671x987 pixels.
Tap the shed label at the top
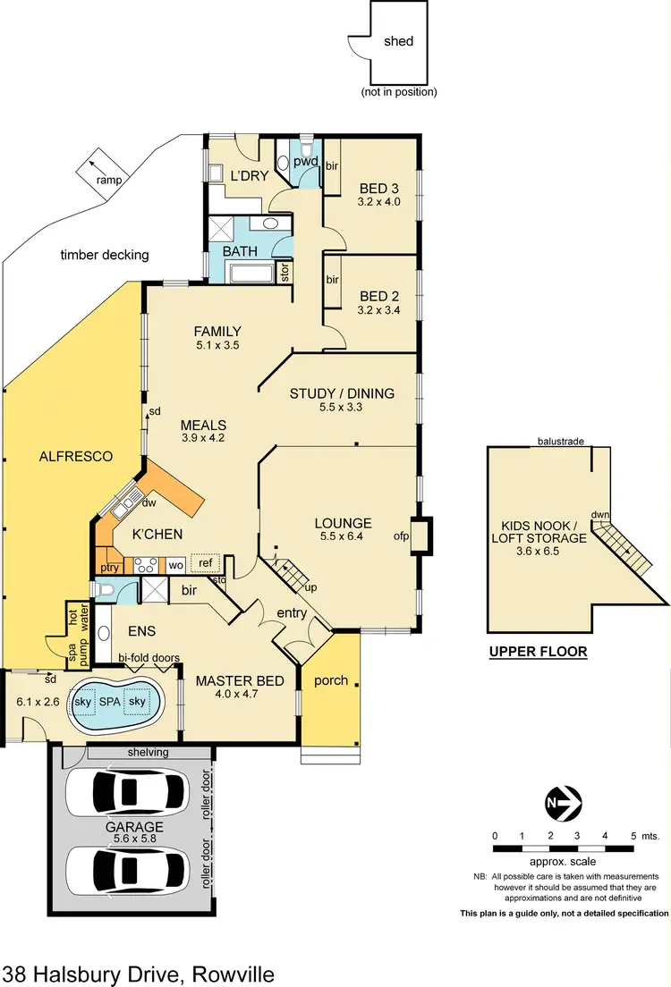click(399, 41)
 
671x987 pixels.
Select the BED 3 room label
click(380, 189)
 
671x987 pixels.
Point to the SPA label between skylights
click(112, 703)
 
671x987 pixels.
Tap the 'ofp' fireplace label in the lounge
click(400, 537)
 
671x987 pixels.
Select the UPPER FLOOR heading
click(538, 652)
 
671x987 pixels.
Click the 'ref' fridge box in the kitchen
click(205, 562)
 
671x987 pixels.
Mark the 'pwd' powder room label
click(307, 162)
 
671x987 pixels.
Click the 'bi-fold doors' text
click(149, 658)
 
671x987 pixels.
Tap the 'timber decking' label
click(104, 255)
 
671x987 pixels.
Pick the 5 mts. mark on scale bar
click(633, 836)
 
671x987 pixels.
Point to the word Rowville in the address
click(228, 973)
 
